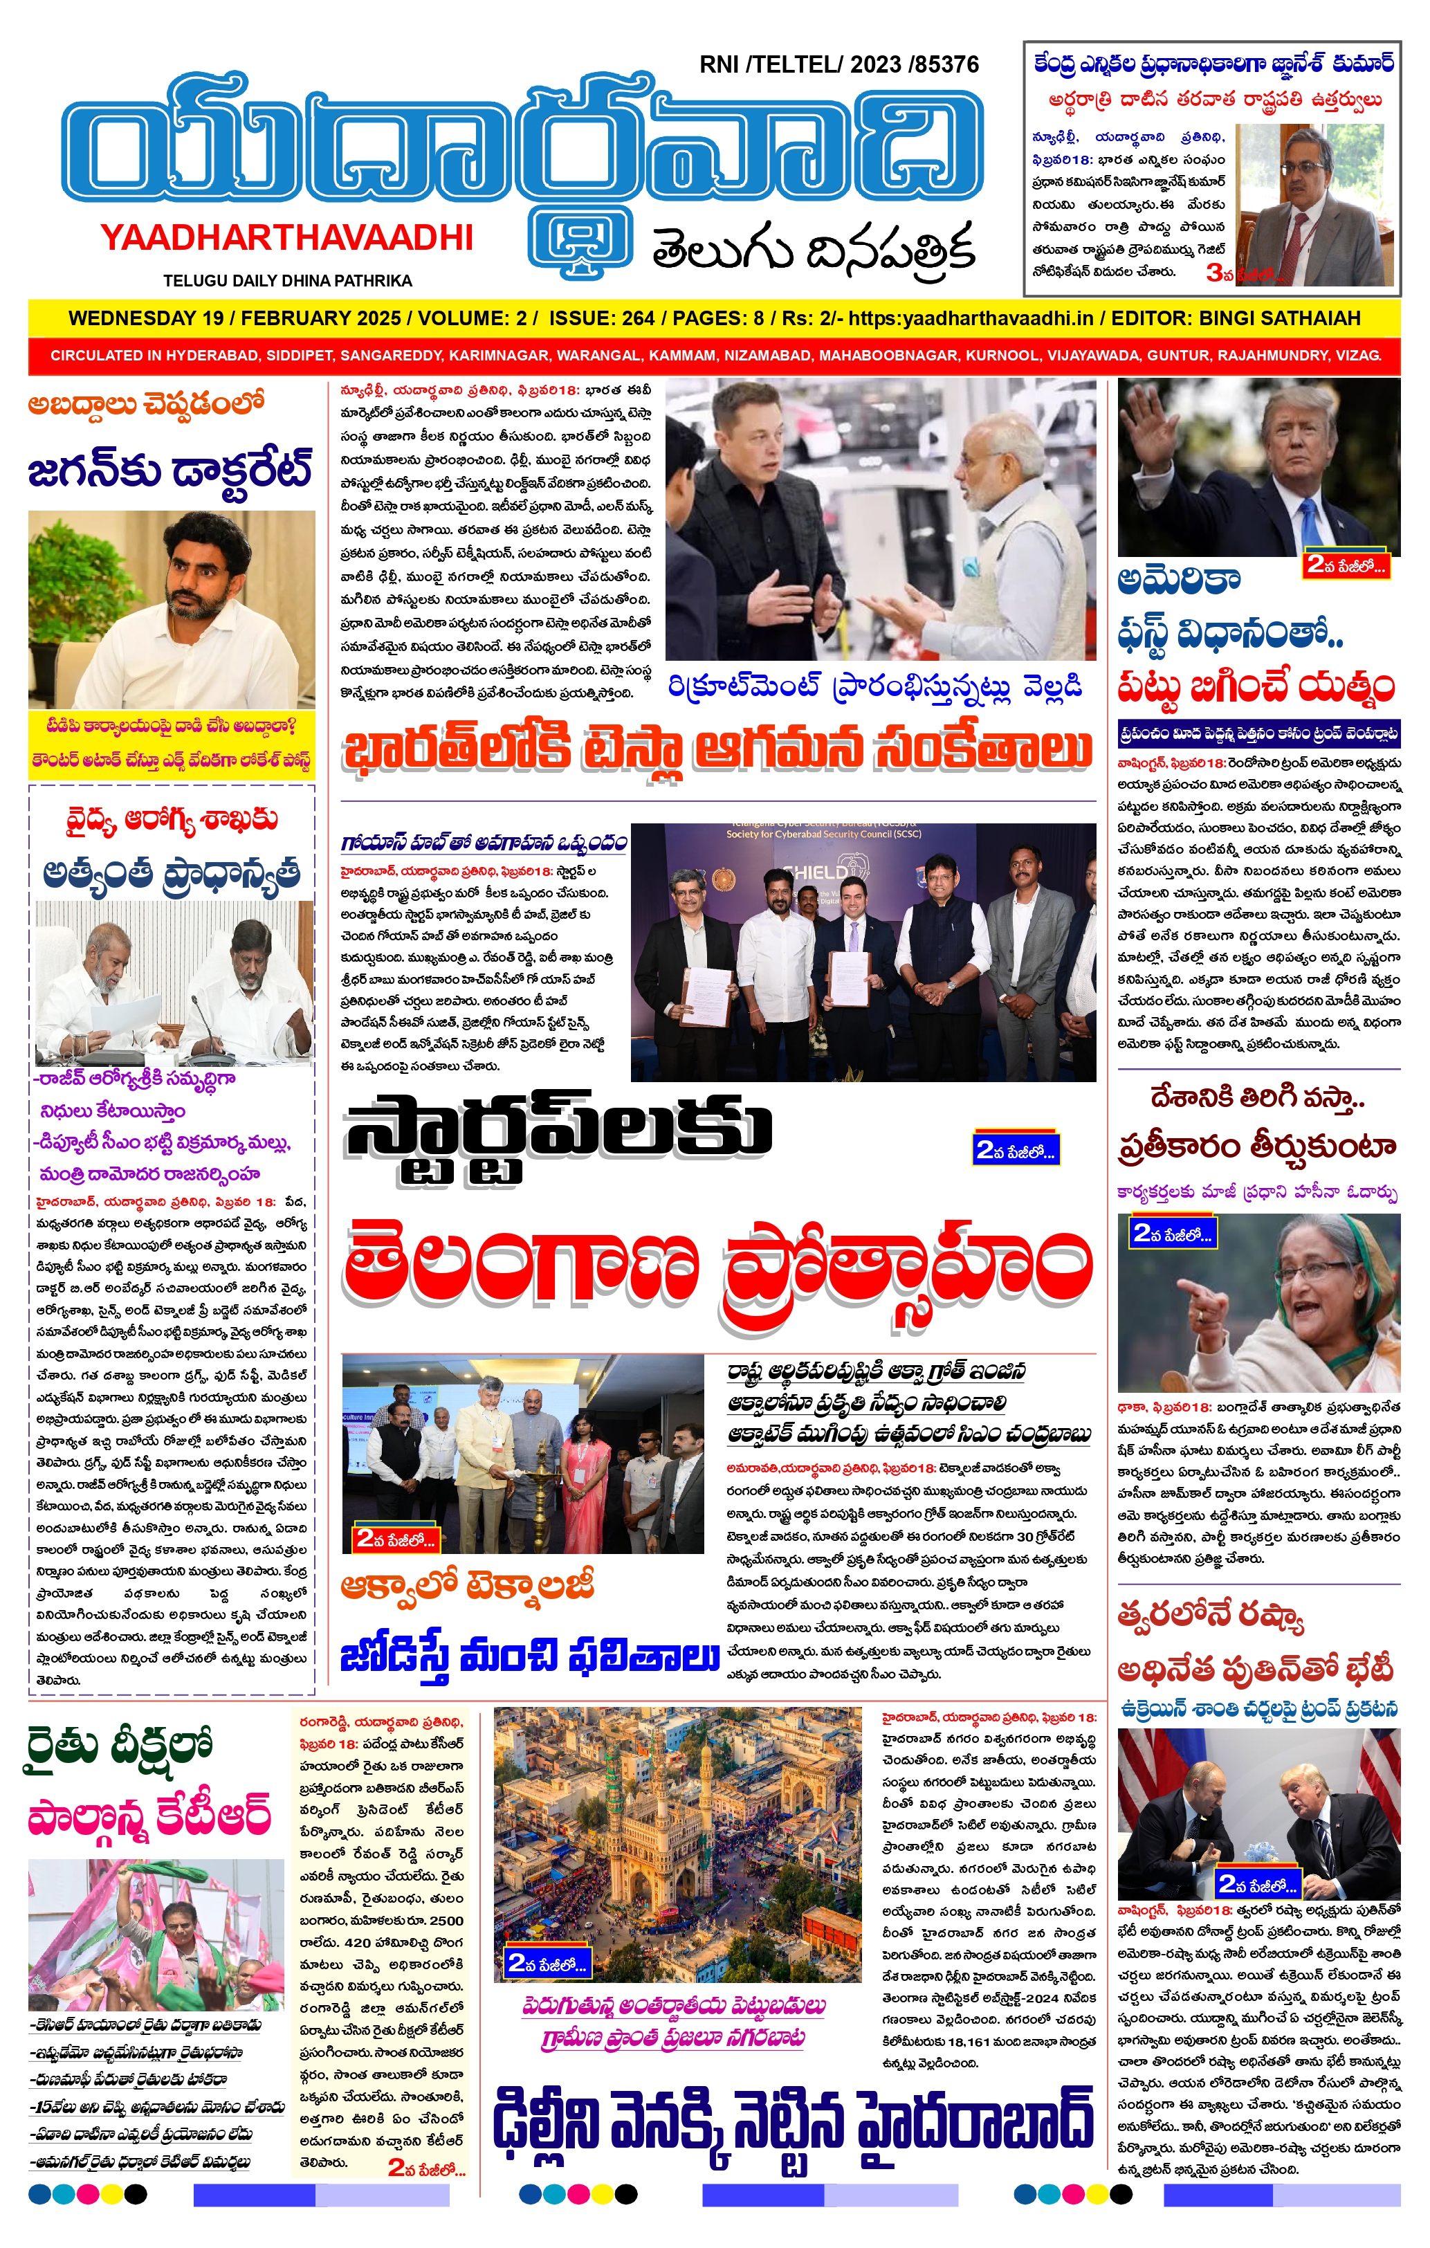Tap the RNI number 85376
946,64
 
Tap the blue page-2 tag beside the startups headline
1015,1149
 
